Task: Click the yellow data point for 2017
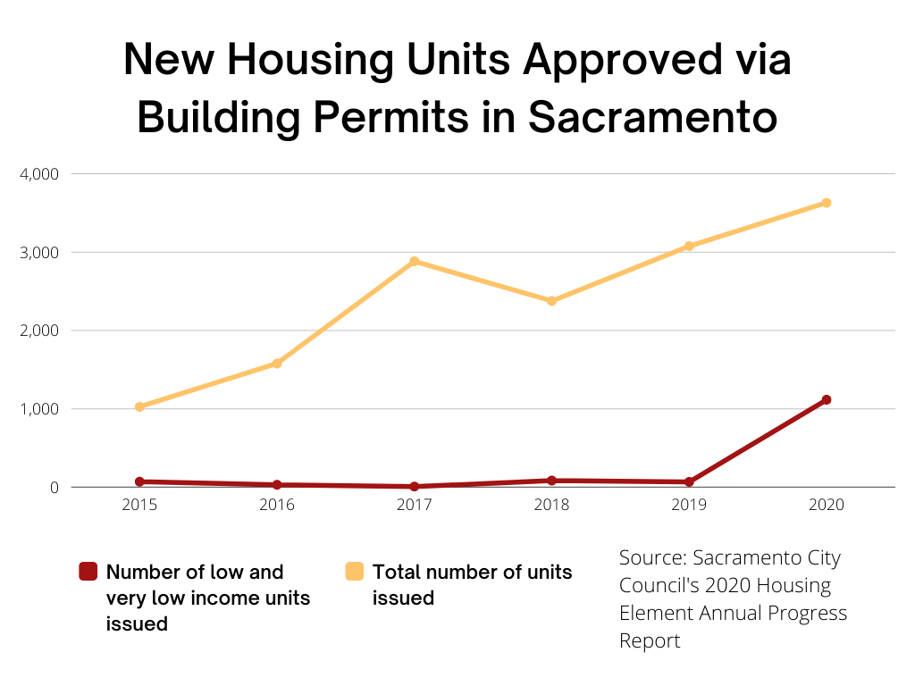415,262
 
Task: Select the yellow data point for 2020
827,203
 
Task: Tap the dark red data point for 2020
827,400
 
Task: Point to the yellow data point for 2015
139,407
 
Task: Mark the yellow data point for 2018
552,301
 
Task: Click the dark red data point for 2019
689,482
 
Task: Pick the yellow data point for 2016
277,364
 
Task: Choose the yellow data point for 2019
689,246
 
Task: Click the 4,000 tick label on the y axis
38,173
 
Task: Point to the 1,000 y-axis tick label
38,409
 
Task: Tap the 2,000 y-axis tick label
38,330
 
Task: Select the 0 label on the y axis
54,488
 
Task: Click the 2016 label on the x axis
277,505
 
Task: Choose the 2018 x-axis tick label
552,505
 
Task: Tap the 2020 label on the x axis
827,505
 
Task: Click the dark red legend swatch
88,572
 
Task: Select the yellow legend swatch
355,572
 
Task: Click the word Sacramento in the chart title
653,117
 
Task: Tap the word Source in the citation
649,559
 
